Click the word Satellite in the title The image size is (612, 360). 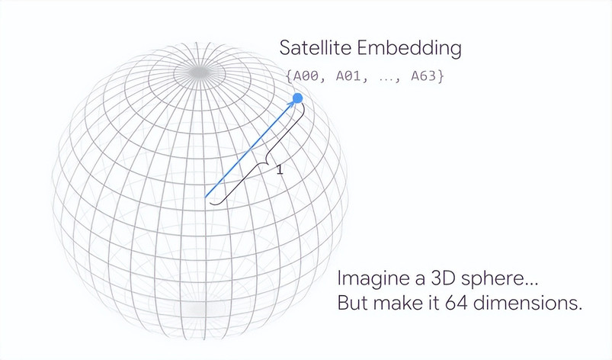[315, 48]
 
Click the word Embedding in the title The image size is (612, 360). [409, 48]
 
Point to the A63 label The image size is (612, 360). [423, 76]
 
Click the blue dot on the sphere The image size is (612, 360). [297, 98]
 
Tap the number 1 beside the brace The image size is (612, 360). [280, 170]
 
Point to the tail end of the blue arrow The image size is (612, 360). [205, 198]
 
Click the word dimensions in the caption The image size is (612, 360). [527, 303]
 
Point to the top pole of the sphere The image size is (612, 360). [200, 72]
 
